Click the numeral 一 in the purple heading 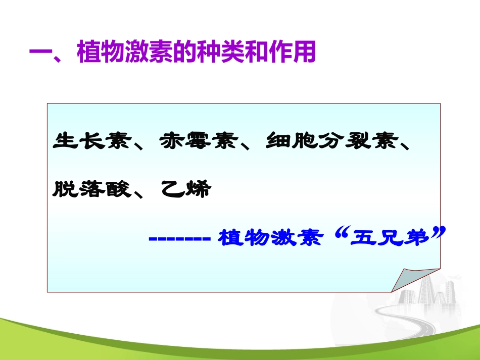[41, 53]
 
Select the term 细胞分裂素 [328, 142]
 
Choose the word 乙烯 [185, 189]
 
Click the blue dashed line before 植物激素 [180, 238]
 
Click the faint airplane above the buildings [457, 277]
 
